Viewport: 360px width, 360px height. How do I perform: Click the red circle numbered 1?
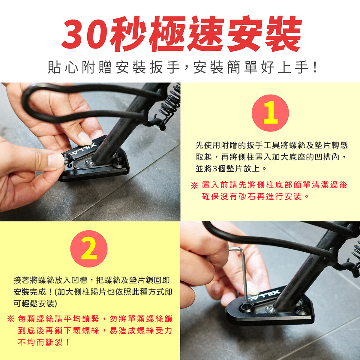pyautogui.click(x=270, y=113)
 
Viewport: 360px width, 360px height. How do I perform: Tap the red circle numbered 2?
pyautogui.click(x=89, y=249)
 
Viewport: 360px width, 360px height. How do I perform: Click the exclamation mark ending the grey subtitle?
pyautogui.click(x=315, y=67)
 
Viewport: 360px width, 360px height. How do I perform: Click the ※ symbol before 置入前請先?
pyautogui.click(x=194, y=185)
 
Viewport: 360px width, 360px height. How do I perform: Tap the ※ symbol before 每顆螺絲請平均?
pyautogui.click(x=10, y=319)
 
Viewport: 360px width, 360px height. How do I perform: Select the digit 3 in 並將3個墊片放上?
pyautogui.click(x=214, y=169)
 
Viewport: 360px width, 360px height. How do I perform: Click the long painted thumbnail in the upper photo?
pyautogui.click(x=85, y=138)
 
